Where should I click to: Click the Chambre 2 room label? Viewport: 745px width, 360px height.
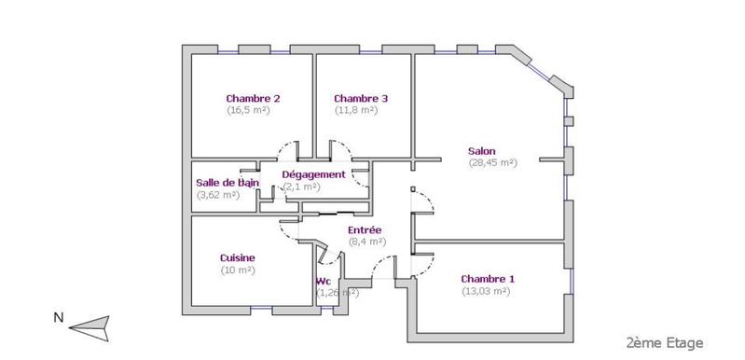coord(253,98)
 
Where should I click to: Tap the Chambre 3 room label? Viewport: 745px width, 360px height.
coord(361,98)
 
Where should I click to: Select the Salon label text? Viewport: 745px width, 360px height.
coord(482,150)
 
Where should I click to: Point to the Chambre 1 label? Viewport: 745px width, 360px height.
coord(487,279)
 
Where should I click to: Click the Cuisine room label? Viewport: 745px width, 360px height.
coord(237,257)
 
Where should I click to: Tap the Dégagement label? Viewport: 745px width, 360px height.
coord(313,174)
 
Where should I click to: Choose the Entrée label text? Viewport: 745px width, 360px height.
coord(365,229)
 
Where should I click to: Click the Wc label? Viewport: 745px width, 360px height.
coord(324,281)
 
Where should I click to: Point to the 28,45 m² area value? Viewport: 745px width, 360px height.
coord(492,162)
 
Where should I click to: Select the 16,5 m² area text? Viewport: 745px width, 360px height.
coord(248,110)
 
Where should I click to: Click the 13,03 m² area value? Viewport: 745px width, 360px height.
coord(487,291)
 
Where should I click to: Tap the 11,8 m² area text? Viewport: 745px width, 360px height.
coord(356,110)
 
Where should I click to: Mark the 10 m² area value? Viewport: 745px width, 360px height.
coord(238,270)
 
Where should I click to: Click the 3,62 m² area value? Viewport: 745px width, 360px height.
coord(218,195)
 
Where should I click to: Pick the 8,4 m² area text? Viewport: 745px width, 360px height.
coord(365,242)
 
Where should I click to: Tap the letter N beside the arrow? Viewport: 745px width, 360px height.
coord(58,318)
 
